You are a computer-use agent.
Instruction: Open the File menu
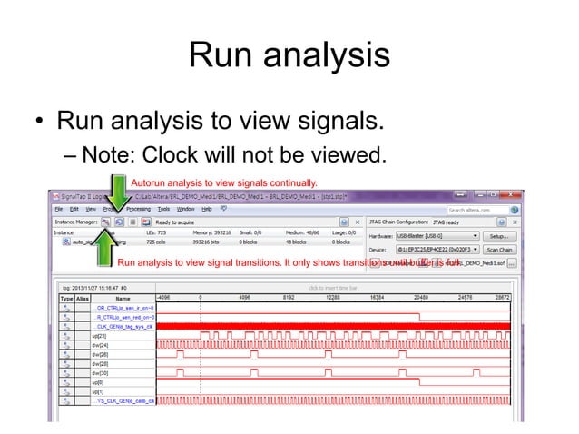pos(58,208)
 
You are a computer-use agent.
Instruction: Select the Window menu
pos(186,208)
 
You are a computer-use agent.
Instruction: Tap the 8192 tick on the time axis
pos(289,297)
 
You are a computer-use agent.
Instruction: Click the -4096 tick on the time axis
pos(164,297)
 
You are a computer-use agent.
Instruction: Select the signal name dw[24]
pos(99,345)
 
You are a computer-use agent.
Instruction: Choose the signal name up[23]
pos(99,335)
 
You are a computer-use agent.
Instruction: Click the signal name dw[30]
pos(99,372)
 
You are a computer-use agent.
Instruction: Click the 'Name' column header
pos(122,297)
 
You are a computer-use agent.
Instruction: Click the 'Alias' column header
pos(82,297)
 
